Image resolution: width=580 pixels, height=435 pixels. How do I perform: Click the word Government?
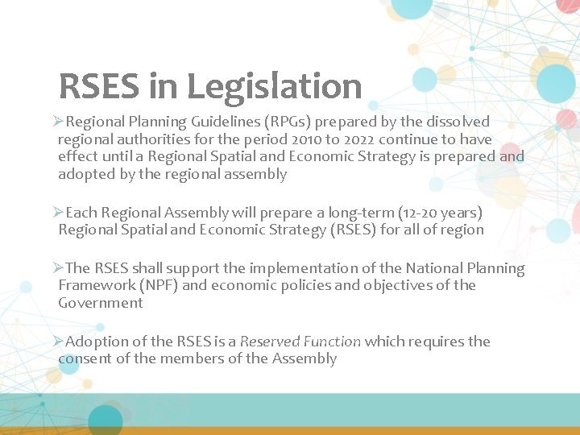[x=100, y=303]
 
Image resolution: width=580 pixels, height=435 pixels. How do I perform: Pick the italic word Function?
[x=333, y=342]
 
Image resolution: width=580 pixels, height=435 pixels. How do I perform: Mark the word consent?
[x=85, y=358]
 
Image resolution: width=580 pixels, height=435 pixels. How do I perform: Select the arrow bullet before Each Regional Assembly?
[x=58, y=213]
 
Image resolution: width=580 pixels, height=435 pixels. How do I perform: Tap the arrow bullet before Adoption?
[x=58, y=342]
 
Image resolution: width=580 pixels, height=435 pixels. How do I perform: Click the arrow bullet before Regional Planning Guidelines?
[x=58, y=122]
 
